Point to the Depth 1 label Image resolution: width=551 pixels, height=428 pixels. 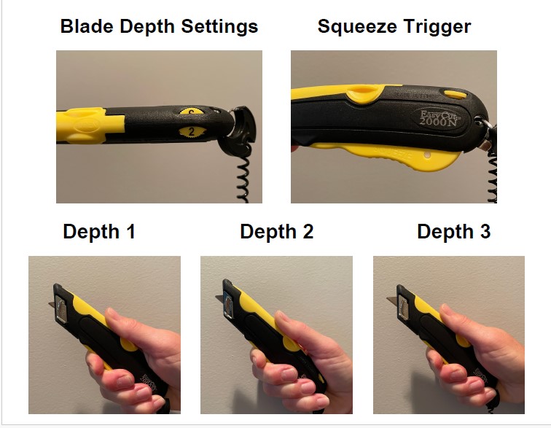tap(99, 232)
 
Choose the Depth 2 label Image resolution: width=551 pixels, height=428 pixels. tap(276, 232)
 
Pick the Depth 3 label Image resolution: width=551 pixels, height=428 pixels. tap(453, 232)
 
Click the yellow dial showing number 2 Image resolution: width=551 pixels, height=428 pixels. tap(192, 132)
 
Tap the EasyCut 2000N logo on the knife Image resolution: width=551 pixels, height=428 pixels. tap(439, 118)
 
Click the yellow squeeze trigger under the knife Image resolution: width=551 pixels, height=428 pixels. tap(386, 154)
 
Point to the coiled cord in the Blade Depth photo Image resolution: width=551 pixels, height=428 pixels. tap(243, 176)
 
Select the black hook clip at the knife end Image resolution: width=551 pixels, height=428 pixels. tap(240, 130)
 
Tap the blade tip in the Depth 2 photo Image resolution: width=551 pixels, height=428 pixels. tap(216, 297)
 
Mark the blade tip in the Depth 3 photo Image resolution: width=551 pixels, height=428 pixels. tap(387, 299)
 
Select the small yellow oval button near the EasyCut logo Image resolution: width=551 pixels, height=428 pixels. tap(456, 94)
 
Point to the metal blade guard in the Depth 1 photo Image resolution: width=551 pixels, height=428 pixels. tap(61, 308)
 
